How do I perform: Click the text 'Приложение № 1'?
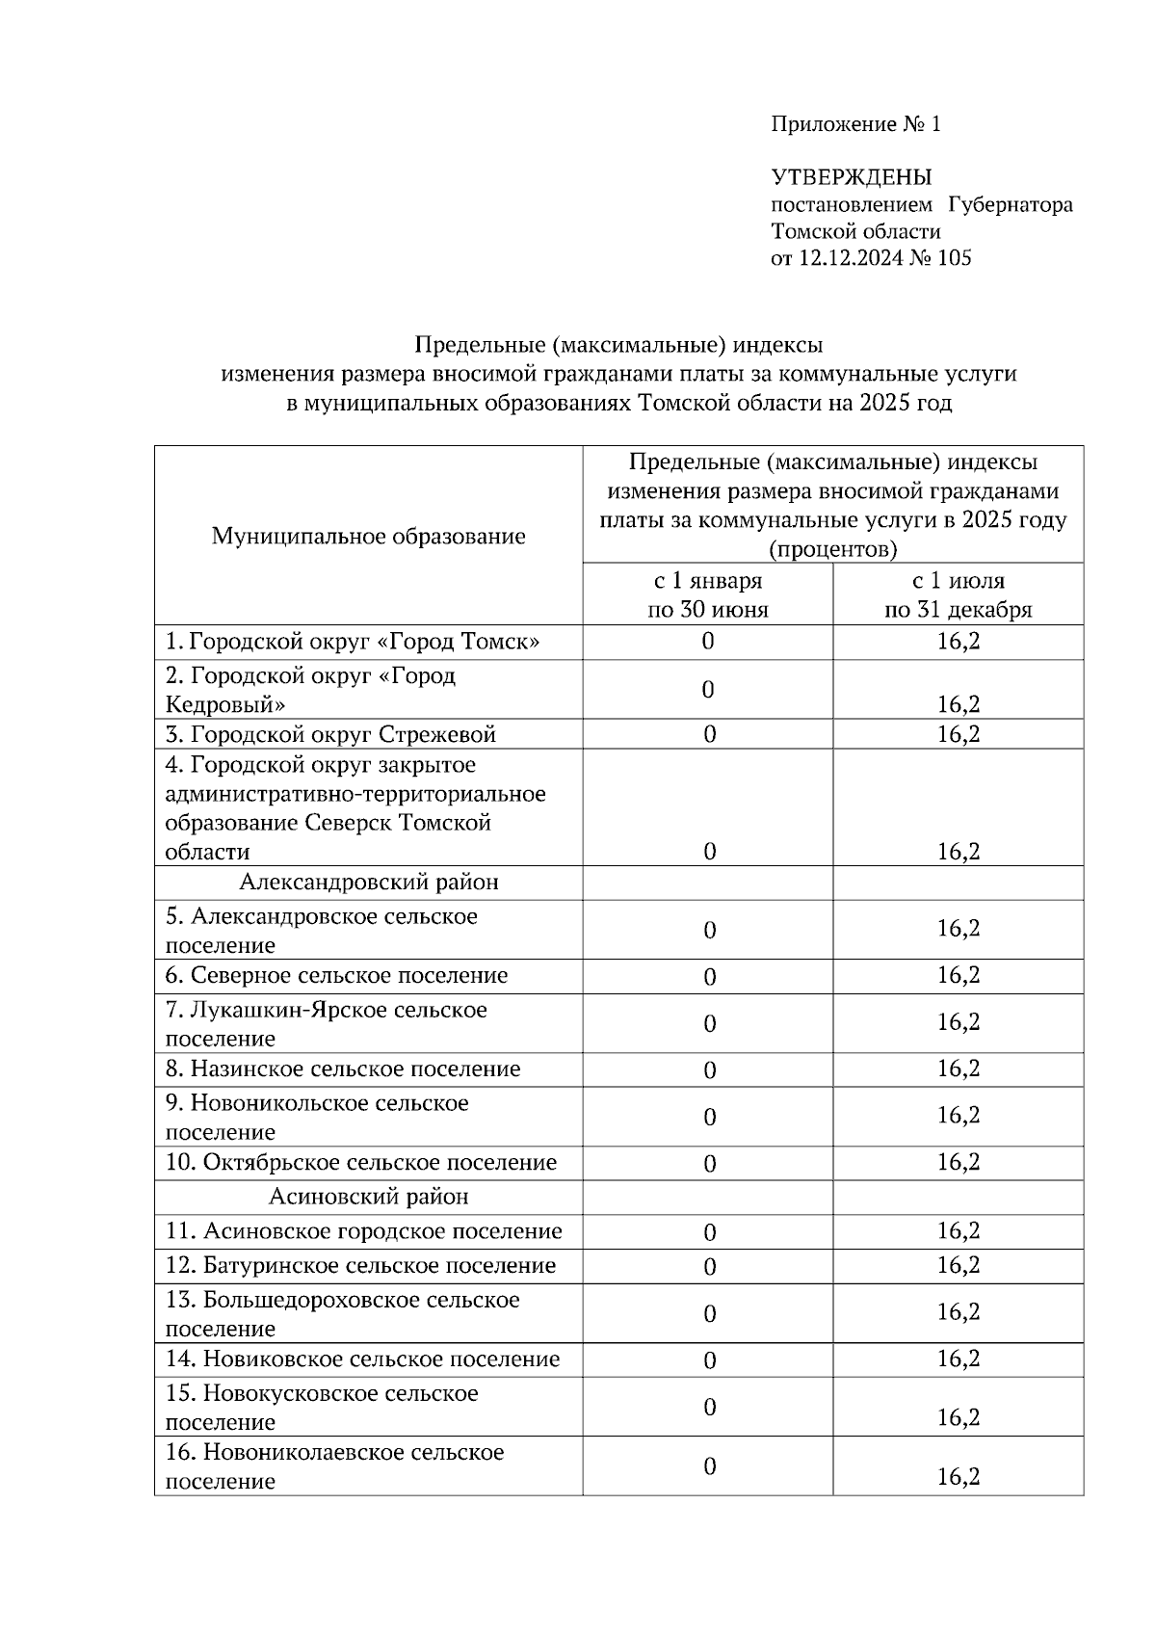[x=855, y=124]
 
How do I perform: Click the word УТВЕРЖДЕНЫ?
[x=852, y=177]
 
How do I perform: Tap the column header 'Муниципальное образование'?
[x=368, y=537]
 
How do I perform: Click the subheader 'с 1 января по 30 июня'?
[x=707, y=595]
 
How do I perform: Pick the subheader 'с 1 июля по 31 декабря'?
[x=958, y=595]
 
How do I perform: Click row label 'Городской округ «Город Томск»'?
[x=353, y=642]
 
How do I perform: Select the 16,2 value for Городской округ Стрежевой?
[x=959, y=734]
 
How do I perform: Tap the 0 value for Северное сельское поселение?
[x=709, y=977]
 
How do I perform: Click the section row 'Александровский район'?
[x=368, y=883]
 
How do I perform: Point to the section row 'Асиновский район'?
[x=368, y=1197]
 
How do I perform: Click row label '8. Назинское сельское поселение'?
[x=343, y=1069]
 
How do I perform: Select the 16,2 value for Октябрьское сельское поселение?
[x=959, y=1162]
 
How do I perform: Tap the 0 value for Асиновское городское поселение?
[x=709, y=1232]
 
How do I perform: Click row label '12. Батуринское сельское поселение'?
[x=360, y=1266]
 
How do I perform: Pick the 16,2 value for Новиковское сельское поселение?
[x=959, y=1359]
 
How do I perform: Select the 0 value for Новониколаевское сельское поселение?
[x=709, y=1466]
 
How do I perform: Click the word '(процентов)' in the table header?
[x=832, y=550]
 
